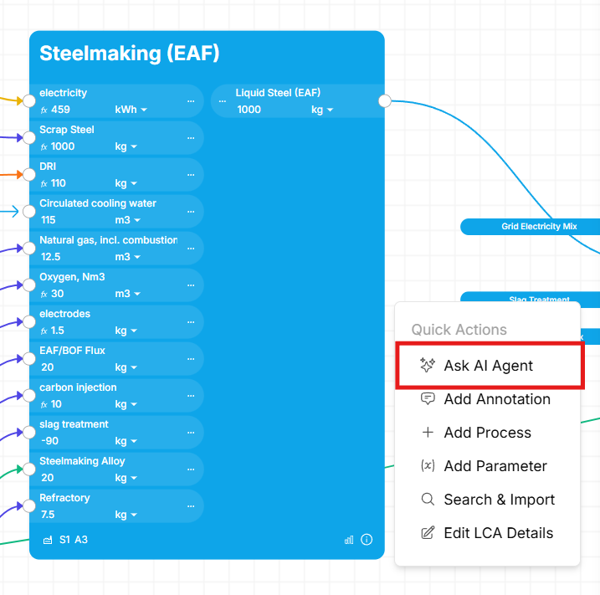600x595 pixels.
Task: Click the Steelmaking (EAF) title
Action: [129, 54]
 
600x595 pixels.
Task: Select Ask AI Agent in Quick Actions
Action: [488, 366]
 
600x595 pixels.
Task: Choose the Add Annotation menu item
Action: [496, 399]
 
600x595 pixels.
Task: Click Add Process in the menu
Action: [487, 433]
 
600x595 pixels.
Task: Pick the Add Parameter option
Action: [495, 466]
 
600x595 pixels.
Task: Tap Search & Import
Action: [499, 500]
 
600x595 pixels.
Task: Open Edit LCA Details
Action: [498, 533]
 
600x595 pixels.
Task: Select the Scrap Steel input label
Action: [67, 130]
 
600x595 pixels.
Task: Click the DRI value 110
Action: [59, 183]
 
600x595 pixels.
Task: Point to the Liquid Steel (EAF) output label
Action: [278, 93]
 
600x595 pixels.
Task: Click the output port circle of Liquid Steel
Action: [385, 101]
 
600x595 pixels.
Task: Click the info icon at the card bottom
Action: [367, 540]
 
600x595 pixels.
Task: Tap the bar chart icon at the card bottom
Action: [349, 540]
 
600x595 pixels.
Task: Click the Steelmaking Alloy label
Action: [82, 461]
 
